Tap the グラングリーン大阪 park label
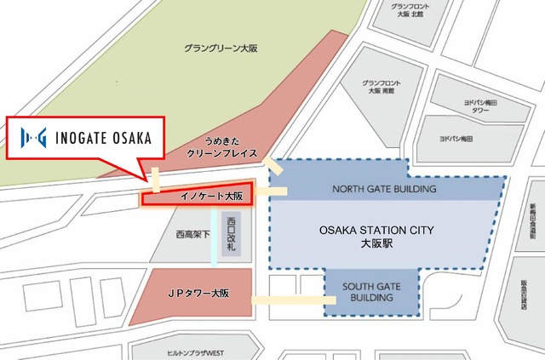click(x=219, y=49)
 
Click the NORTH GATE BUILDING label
click(x=384, y=189)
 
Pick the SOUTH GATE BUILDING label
click(x=373, y=292)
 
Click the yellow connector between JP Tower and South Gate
click(x=290, y=299)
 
